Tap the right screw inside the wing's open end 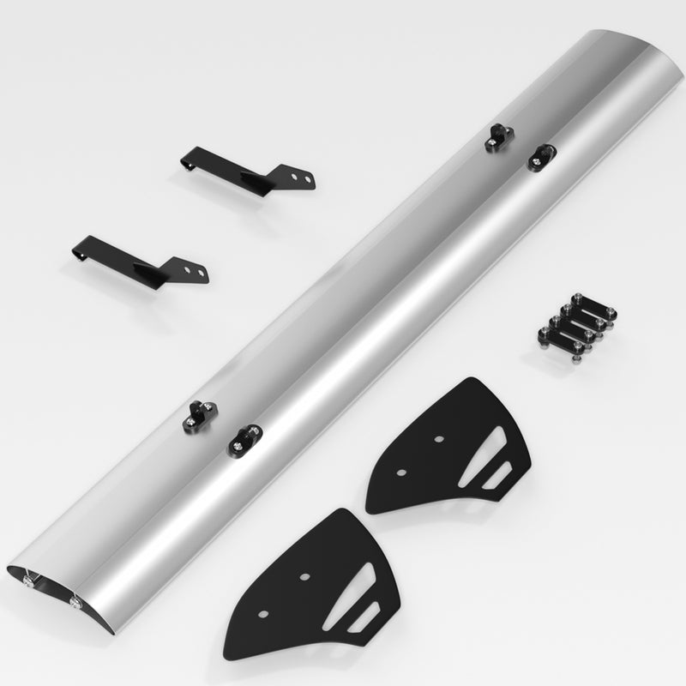click(80, 604)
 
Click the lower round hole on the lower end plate click(262, 615)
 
